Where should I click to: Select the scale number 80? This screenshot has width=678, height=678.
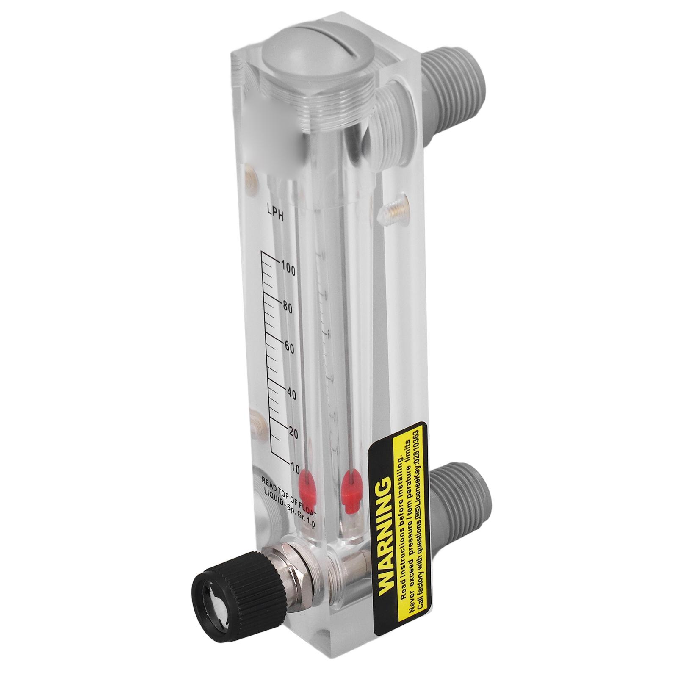pyautogui.click(x=288, y=308)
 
